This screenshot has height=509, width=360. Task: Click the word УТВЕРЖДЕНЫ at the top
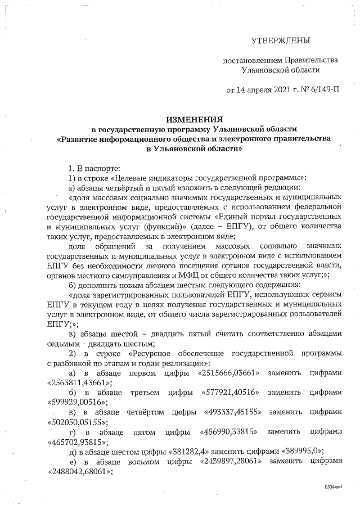point(280,41)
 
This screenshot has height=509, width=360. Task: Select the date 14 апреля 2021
point(262,89)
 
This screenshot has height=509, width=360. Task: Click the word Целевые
point(132,178)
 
